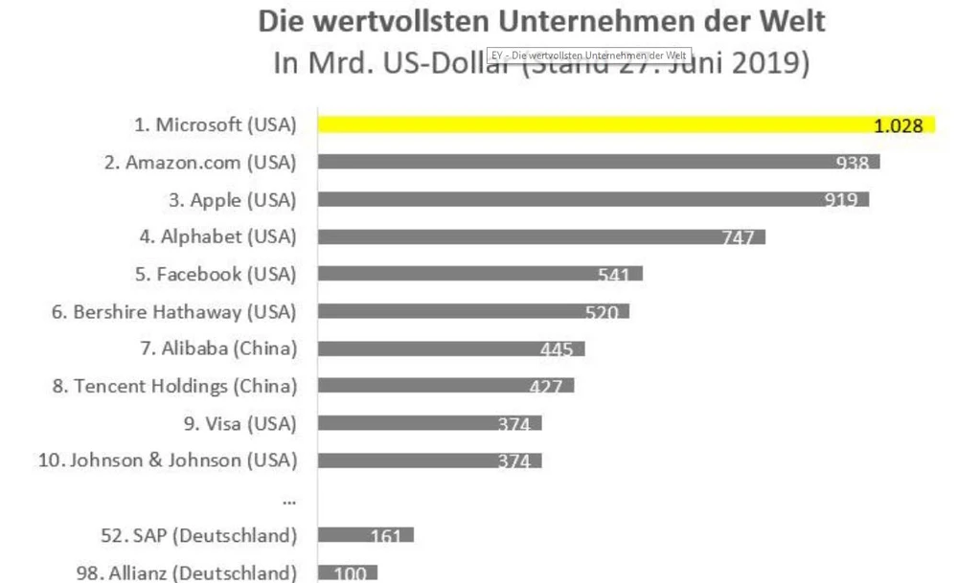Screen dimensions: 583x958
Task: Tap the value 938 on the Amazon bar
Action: coord(852,164)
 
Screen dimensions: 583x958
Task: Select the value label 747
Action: coord(738,238)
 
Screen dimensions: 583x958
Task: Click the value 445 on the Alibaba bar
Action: coord(556,349)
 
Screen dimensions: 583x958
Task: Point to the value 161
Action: coord(385,536)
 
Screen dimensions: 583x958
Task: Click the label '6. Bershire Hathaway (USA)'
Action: coord(173,312)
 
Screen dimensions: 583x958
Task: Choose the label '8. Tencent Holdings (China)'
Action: coord(173,387)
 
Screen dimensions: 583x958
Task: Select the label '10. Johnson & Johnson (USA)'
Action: coord(168,460)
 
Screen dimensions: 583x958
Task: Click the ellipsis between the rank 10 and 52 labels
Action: coord(289,501)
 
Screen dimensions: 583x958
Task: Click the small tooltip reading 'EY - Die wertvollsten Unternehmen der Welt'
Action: coord(588,56)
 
